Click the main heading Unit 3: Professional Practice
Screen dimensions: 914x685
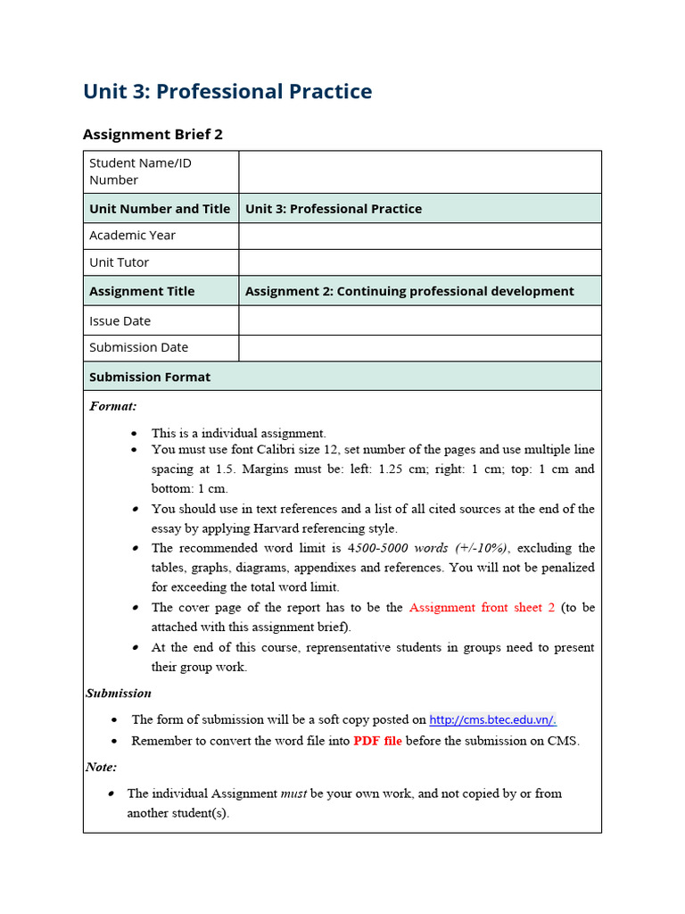click(227, 91)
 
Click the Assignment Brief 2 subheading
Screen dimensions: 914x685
click(153, 134)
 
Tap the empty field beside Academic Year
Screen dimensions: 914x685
click(419, 236)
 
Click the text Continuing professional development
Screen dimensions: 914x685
click(455, 291)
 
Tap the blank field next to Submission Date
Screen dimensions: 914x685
click(419, 347)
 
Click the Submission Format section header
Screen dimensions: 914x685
click(150, 377)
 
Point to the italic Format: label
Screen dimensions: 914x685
click(113, 406)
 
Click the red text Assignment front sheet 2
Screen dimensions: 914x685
click(482, 607)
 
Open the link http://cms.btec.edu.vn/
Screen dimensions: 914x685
click(492, 719)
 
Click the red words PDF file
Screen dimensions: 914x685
click(377, 741)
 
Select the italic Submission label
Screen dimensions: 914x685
click(119, 693)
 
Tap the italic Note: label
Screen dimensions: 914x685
click(101, 767)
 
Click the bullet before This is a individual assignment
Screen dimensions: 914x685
click(134, 433)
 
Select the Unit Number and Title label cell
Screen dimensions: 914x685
click(160, 209)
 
